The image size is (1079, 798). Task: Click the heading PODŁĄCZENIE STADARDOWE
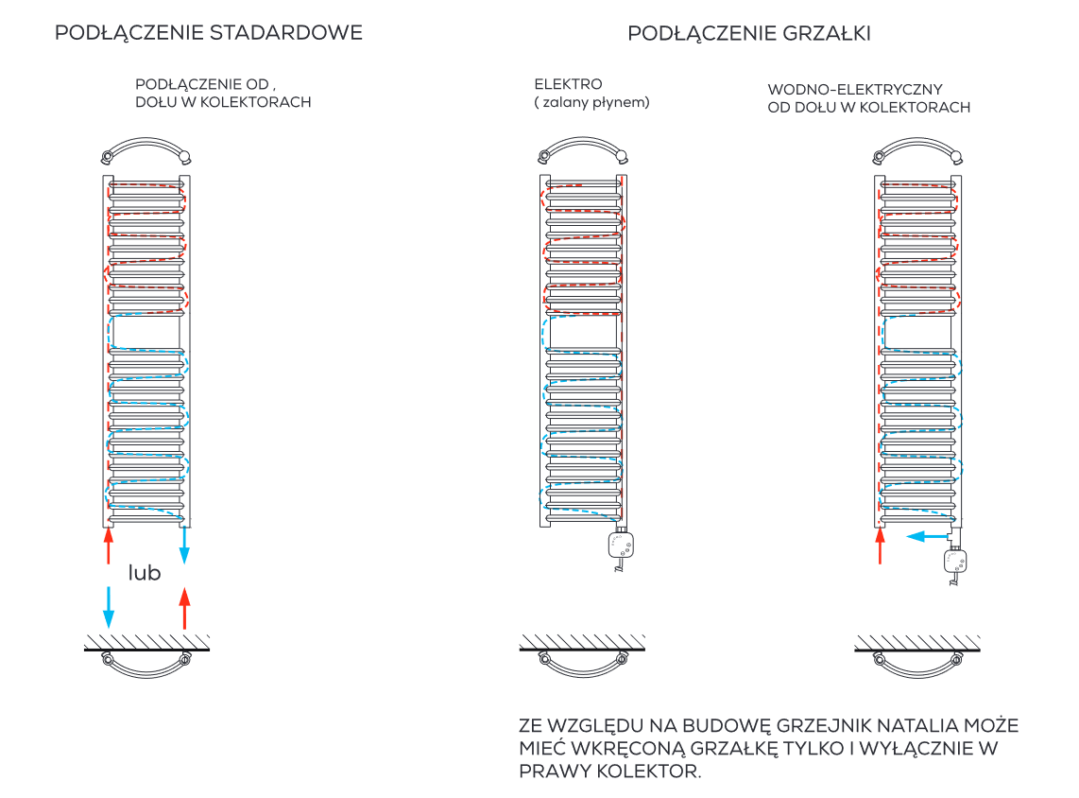209,33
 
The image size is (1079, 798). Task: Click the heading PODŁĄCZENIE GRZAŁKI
749,34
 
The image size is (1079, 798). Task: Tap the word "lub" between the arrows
145,573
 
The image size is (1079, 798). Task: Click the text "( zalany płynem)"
592,102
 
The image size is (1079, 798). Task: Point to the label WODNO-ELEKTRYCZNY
855,90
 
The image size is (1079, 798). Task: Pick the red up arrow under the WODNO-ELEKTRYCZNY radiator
881,546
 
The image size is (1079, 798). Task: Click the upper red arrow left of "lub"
109,546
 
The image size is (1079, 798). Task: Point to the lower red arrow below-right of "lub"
184,607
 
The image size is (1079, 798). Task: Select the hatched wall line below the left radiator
146,644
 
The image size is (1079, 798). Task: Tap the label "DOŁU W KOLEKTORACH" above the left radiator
223,102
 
